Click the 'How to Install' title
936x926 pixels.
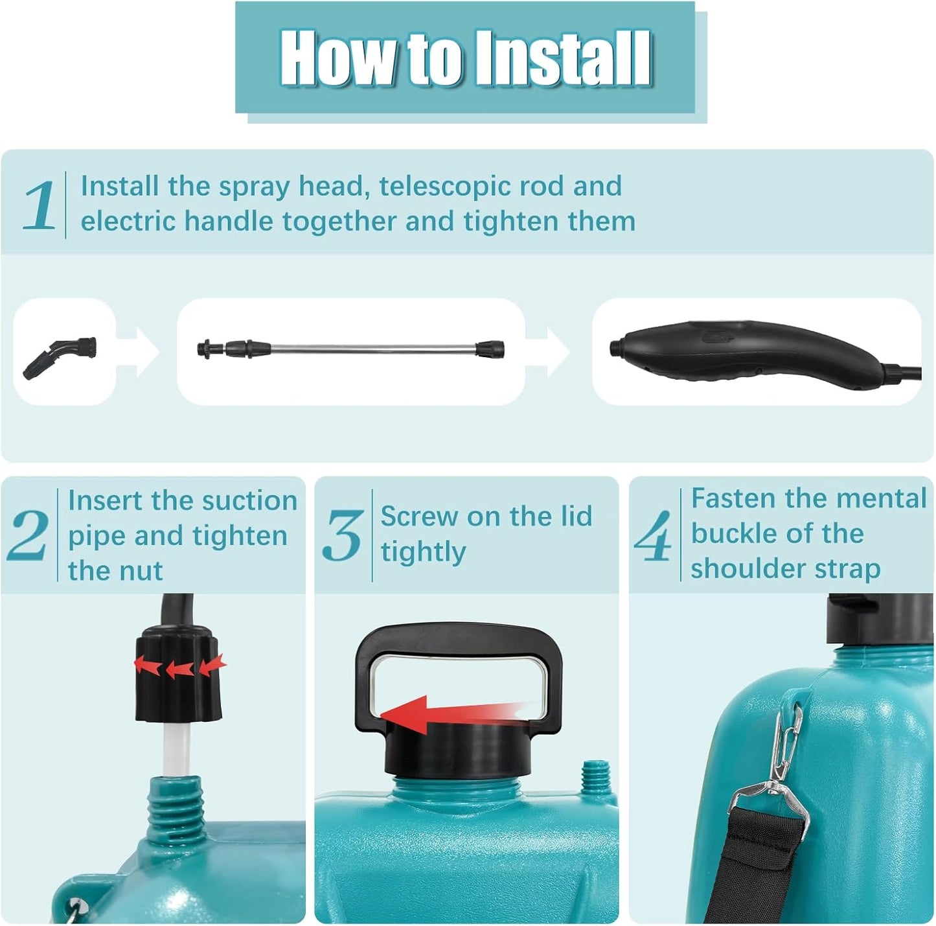pyautogui.click(x=465, y=58)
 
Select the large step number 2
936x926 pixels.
pyautogui.click(x=27, y=535)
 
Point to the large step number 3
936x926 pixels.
pyautogui.click(x=343, y=535)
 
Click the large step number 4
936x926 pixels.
pyautogui.click(x=654, y=535)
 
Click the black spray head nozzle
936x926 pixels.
pyautogui.click(x=60, y=357)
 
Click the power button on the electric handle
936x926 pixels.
pyautogui.click(x=718, y=336)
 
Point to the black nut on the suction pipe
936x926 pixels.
pyautogui.click(x=178, y=673)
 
